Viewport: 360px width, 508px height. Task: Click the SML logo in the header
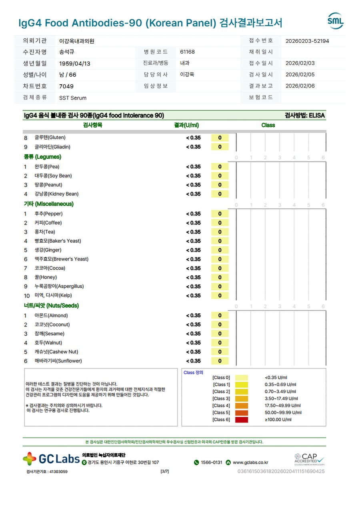pos(335,21)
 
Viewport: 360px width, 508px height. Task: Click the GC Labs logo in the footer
pos(51,458)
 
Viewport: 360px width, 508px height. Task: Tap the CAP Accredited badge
pos(309,458)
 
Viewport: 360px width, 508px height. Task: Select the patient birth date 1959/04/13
pos(75,64)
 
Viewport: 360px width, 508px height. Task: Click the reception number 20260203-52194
pos(307,41)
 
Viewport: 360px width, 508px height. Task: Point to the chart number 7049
pos(66,86)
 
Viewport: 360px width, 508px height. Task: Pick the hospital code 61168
pos(188,52)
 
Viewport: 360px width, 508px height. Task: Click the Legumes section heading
pos(42,157)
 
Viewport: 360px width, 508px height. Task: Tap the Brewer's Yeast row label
pos(62,259)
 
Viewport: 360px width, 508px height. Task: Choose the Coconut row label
pos(52,325)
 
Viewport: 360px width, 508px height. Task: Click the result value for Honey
pos(193,277)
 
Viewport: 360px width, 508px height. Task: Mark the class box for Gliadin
pos(220,147)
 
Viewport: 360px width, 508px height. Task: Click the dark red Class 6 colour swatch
pos(242,420)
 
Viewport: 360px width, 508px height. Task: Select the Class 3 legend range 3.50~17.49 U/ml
pos(281,398)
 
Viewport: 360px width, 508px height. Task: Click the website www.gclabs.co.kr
pos(250,462)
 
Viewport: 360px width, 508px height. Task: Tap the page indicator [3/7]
pos(164,472)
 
